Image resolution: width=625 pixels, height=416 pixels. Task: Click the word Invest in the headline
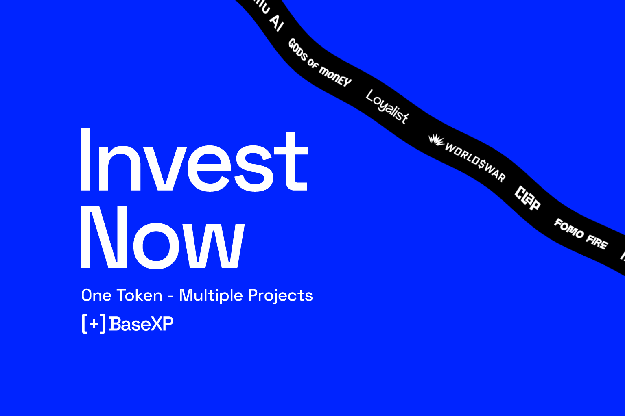pyautogui.click(x=194, y=160)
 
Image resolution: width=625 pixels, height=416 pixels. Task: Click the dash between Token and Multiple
pyautogui.click(x=171, y=297)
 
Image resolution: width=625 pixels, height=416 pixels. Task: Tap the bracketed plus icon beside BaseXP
pyautogui.click(x=94, y=324)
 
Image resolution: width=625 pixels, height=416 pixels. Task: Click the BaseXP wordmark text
pyautogui.click(x=141, y=324)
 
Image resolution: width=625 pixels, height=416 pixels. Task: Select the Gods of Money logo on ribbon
pyautogui.click(x=319, y=63)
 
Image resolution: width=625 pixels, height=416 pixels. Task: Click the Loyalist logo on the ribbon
pyautogui.click(x=387, y=107)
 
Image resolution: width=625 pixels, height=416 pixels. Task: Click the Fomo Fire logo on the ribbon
pyautogui.click(x=581, y=234)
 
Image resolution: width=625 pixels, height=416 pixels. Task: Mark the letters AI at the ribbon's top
pyautogui.click(x=275, y=22)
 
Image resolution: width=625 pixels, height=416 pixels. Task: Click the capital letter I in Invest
pyautogui.click(x=85, y=160)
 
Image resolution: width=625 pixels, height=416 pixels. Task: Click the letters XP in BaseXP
pyautogui.click(x=163, y=324)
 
